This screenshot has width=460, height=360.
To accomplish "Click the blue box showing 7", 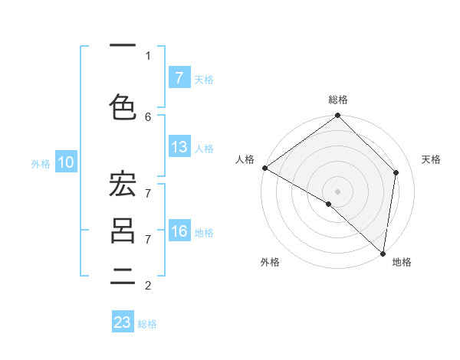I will (x=179, y=78).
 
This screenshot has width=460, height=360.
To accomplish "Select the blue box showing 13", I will (x=179, y=147).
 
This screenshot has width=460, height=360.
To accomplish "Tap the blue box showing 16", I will (x=179, y=232).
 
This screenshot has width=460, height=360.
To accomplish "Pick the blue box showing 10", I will (x=65, y=162).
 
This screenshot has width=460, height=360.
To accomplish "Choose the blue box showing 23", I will (x=123, y=322).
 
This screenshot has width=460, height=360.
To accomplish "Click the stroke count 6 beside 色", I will (x=148, y=116).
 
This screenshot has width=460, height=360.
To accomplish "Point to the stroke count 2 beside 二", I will (x=148, y=286).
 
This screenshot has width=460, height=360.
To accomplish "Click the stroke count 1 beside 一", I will (x=148, y=56).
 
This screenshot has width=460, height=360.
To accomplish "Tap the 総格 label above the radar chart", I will (x=337, y=100).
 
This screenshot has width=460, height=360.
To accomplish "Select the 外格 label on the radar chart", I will (x=270, y=263).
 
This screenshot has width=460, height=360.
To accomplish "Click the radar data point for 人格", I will (x=264, y=168).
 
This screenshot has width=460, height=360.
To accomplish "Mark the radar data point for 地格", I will (x=383, y=253).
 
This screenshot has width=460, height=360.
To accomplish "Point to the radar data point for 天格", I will (x=396, y=172).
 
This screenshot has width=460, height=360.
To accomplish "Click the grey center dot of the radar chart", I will (x=337, y=191).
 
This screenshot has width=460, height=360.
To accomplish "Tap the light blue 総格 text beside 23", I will (x=147, y=324).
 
